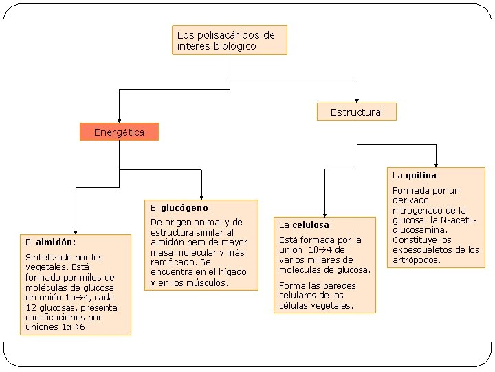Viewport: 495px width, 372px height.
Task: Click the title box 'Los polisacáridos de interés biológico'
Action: tap(228, 40)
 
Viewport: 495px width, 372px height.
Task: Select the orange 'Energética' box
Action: tap(119, 132)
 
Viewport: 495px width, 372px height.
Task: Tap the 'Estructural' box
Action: tap(356, 112)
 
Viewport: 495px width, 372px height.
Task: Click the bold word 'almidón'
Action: tap(54, 242)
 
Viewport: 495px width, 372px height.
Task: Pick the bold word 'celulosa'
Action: tap(311, 225)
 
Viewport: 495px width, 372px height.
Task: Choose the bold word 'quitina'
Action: tap(421, 175)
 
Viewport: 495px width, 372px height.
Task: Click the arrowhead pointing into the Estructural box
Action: tap(357, 99)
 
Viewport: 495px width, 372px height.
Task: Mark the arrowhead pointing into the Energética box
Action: tap(119, 119)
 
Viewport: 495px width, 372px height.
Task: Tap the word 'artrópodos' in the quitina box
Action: tap(417, 260)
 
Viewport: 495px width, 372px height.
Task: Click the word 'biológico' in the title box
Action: tap(235, 46)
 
